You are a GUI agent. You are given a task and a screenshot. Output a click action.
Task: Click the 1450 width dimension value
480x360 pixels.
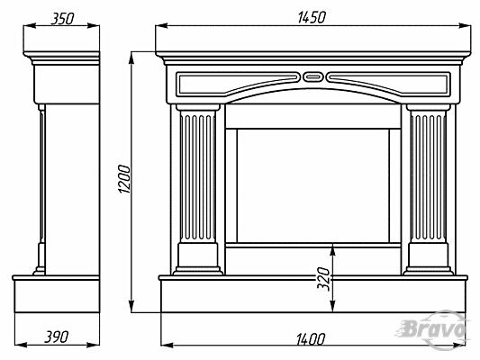pos(312,17)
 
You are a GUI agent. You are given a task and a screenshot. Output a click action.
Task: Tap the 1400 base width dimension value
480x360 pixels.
pos(311,339)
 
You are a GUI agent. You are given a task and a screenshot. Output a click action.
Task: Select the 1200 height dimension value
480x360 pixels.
pos(124,179)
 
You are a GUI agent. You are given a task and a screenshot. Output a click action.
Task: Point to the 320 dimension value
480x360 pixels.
pos(323,279)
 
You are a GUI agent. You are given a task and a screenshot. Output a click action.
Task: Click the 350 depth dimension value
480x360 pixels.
pos(62,19)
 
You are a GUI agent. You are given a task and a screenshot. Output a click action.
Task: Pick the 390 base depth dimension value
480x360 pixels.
pos(57,337)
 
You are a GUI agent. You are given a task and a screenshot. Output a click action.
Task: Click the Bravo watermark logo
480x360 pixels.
pos(433,330)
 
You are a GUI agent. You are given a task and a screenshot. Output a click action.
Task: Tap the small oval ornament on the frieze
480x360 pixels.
pos(312,76)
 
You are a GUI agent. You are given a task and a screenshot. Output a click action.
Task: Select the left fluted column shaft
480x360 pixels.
pos(198,175)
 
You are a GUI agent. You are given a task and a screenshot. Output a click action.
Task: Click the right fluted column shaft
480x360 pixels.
pos(428,175)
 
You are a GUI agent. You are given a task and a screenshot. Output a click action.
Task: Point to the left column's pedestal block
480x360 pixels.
pos(198,255)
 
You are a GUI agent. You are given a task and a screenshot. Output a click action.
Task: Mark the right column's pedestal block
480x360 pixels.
pos(428,255)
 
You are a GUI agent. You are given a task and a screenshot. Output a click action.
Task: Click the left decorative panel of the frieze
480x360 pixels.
pos(237,84)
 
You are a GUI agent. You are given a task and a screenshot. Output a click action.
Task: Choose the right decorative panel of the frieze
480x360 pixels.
pos(388,84)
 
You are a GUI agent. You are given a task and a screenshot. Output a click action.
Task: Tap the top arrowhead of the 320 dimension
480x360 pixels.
pos(333,249)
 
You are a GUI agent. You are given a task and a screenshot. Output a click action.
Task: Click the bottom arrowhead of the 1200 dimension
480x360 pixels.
pos(131,307)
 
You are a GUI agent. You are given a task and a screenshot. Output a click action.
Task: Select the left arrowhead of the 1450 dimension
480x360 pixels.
pos(161,26)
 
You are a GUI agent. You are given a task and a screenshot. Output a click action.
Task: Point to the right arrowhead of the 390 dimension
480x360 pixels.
pos(94,345)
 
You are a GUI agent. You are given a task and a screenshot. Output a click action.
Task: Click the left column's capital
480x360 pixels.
pos(198,107)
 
